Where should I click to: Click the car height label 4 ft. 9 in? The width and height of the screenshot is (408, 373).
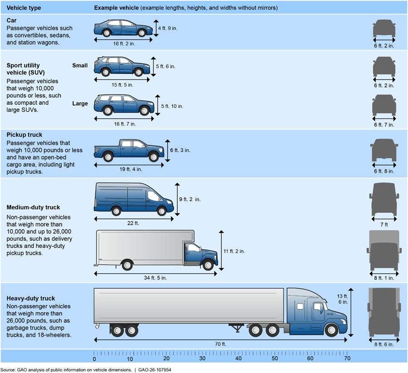point(168,28)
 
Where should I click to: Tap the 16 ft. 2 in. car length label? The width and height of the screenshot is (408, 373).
point(124,44)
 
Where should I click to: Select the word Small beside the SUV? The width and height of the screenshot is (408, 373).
point(80,65)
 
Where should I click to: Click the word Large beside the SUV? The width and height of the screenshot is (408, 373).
point(80,103)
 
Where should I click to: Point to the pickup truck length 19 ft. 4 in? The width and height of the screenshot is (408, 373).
point(131,169)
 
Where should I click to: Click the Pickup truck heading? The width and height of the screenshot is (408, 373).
point(24,135)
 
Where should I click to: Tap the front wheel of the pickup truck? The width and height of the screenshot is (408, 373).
point(153,157)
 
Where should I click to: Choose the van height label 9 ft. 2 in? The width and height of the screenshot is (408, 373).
point(189,199)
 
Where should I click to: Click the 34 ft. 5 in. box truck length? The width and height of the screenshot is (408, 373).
point(155,278)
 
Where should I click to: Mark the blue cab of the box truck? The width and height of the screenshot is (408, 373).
point(201,255)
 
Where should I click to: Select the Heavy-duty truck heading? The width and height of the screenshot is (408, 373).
point(31,298)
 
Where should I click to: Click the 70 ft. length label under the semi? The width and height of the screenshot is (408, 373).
point(220,344)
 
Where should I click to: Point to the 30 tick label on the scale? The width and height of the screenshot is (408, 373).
point(202,358)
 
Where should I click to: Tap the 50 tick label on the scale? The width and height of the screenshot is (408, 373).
point(275,358)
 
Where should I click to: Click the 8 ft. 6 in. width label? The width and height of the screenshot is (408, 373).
point(384,344)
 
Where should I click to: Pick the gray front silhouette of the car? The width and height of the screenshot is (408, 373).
point(384,29)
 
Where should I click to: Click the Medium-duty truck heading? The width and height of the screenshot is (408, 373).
point(33,207)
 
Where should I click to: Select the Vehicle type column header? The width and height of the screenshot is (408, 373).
point(24,8)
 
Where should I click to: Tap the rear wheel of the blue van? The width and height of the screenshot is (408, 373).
point(116,211)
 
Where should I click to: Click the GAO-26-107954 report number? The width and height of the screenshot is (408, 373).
point(155,370)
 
